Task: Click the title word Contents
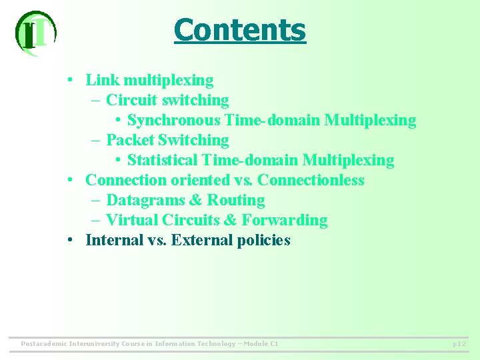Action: (x=239, y=30)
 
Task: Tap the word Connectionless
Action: (x=311, y=181)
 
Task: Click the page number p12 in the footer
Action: (x=459, y=344)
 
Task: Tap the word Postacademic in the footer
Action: (x=44, y=344)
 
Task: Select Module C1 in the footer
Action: (x=261, y=344)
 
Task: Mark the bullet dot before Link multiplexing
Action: (x=70, y=81)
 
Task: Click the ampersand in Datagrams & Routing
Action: (x=196, y=201)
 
